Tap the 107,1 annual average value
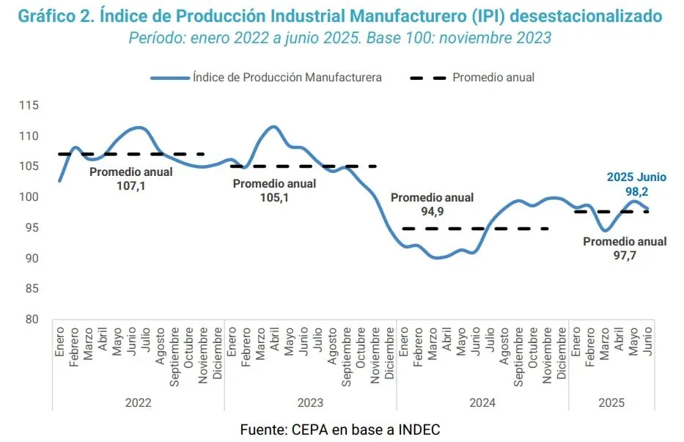coord(131,186)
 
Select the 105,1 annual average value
coord(275,197)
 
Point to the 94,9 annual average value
coord(432,211)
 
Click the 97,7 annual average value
coord(625,255)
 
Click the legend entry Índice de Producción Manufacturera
coord(287,77)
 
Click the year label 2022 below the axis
coord(138,402)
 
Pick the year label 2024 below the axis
coord(482,402)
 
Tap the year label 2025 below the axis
coord(611,402)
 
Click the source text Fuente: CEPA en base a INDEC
coord(340,430)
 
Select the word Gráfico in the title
coord(48,15)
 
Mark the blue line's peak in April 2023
coord(272,127)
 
